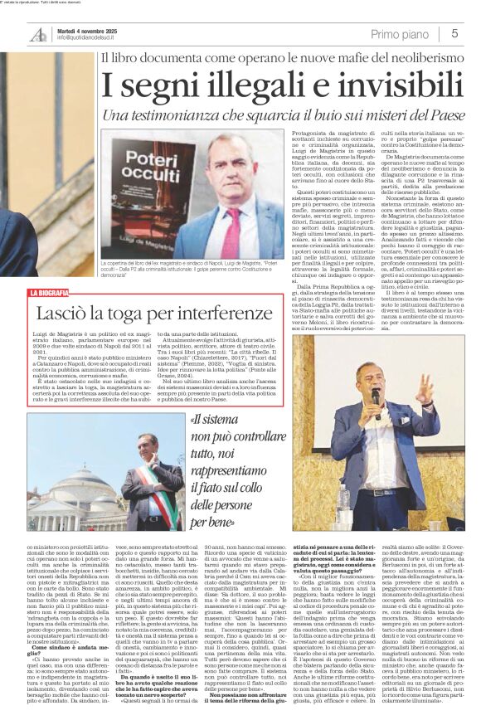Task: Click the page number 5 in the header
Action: [454, 33]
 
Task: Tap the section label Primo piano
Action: [401, 33]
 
